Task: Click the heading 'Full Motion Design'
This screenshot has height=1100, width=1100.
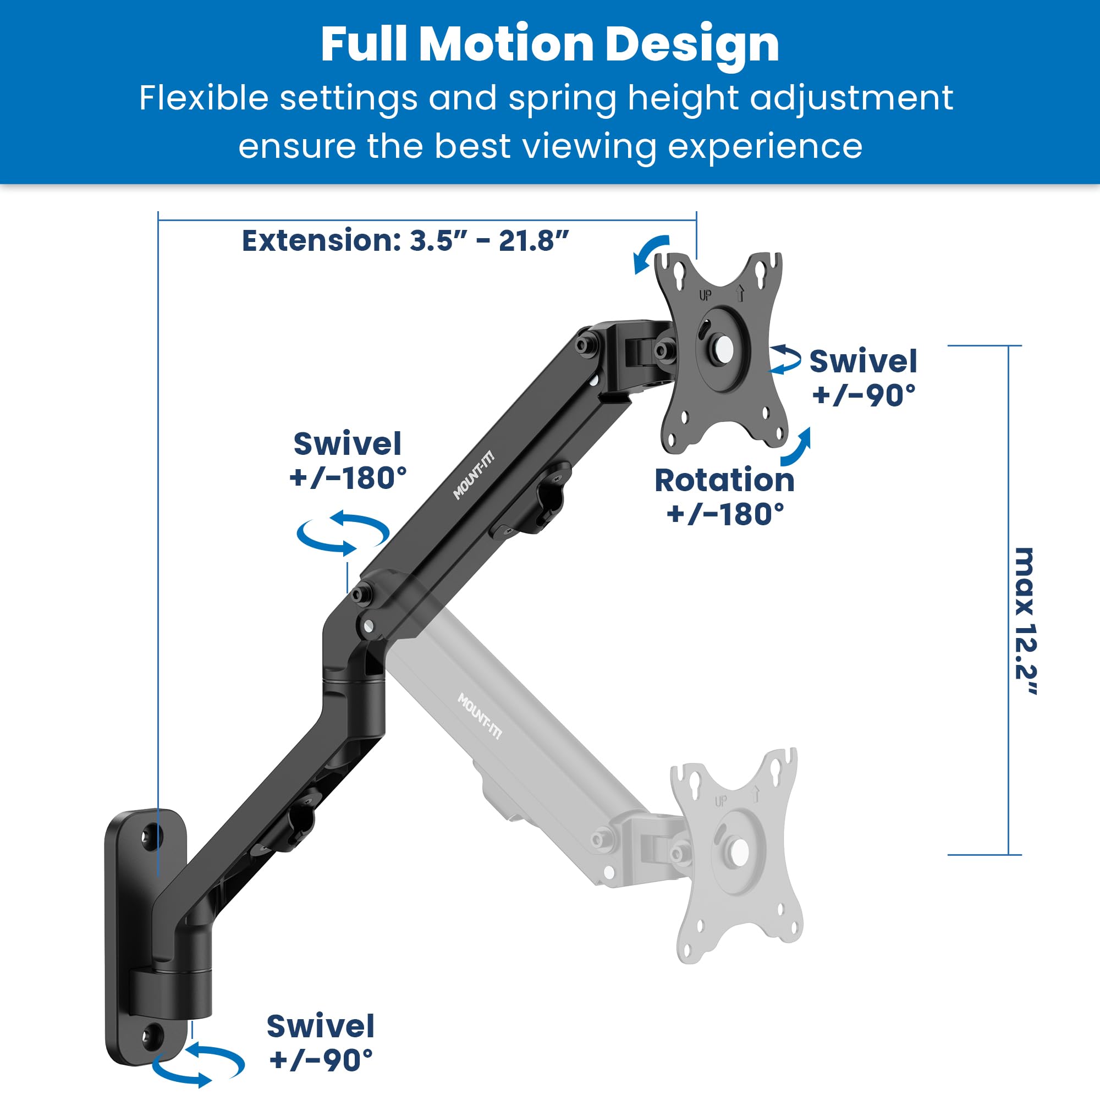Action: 549,45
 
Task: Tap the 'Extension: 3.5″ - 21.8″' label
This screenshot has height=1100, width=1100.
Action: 405,240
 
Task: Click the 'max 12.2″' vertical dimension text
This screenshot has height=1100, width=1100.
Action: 1025,620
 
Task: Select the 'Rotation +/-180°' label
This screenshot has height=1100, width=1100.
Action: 724,497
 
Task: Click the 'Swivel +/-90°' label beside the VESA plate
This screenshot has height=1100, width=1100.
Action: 863,377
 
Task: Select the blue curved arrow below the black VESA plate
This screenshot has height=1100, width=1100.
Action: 796,448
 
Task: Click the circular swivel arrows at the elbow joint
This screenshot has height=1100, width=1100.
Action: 343,532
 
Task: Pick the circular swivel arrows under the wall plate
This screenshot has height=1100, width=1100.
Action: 197,1065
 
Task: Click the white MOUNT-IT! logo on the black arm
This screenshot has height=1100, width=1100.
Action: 474,476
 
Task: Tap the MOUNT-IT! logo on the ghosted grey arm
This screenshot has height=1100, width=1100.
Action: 480,716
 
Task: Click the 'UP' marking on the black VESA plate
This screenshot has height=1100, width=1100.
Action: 705,295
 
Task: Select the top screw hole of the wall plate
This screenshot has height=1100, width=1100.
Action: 151,836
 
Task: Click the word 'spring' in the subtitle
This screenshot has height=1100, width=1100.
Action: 562,98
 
